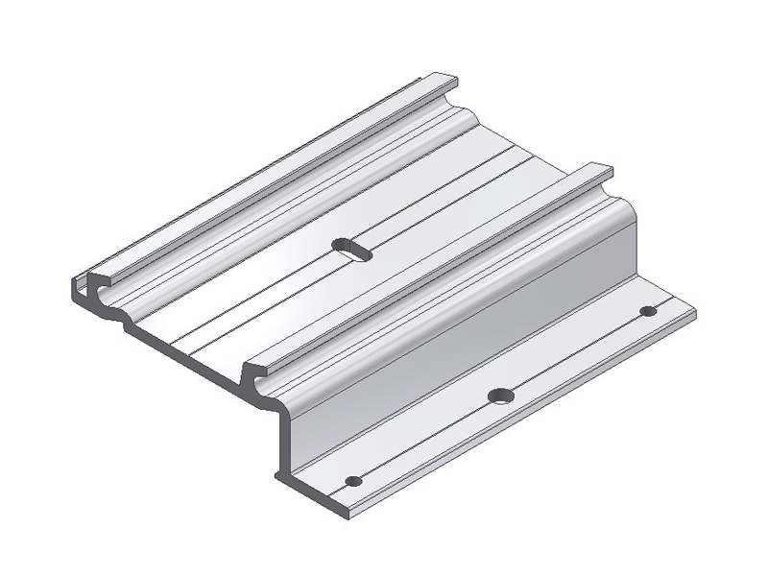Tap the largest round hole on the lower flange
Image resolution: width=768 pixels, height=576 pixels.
coord(499,396)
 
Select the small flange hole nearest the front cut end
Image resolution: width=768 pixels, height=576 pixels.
coord(353,480)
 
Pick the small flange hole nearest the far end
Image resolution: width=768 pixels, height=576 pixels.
coord(648,311)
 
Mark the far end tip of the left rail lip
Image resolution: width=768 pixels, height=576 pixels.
coord(449,77)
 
